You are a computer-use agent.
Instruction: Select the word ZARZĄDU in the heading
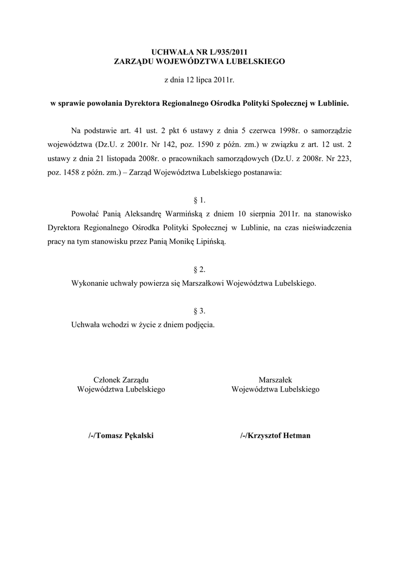tap(133, 61)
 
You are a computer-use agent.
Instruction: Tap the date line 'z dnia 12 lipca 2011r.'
tap(199, 80)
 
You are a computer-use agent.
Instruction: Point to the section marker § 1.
tap(199, 200)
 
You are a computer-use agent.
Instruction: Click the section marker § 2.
tap(199, 269)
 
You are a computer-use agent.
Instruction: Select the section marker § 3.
tap(199, 311)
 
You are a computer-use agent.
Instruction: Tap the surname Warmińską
tap(180, 213)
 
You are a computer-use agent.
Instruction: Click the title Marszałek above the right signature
tap(275, 379)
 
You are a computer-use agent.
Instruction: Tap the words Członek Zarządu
tap(121, 379)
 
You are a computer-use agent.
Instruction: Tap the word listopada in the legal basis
tap(110, 159)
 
